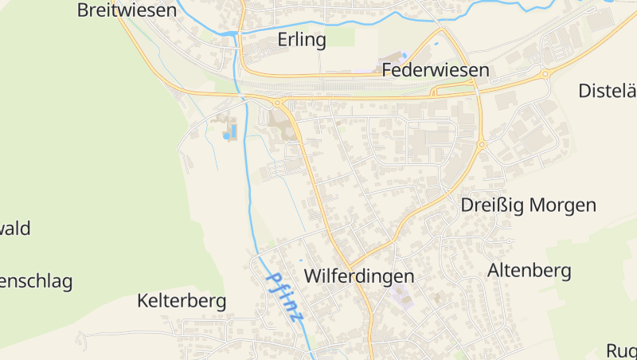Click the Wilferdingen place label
[360, 276]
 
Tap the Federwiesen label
[436, 70]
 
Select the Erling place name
[302, 40]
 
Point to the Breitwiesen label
[127, 10]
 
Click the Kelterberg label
[182, 301]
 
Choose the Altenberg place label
[530, 271]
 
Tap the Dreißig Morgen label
[529, 205]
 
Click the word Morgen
[562, 205]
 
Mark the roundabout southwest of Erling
[277, 103]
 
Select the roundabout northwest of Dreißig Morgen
[482, 145]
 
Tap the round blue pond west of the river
[226, 136]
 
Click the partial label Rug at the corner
[622, 350]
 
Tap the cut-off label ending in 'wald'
[15, 229]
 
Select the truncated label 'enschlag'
[36, 281]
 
